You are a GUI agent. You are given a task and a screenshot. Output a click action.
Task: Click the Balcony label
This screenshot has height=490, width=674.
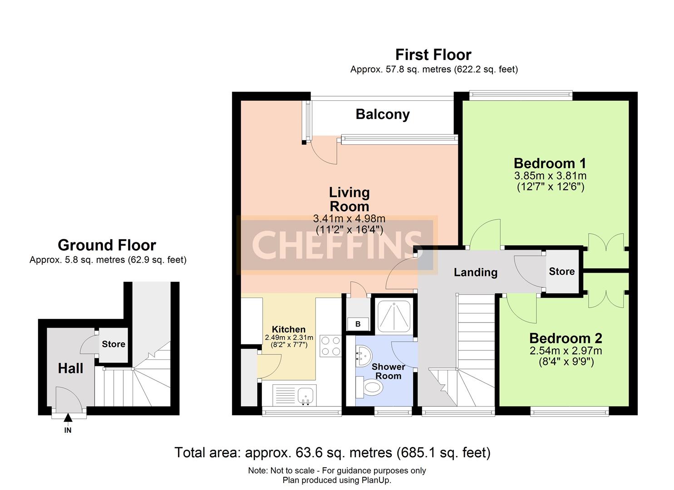click(383, 114)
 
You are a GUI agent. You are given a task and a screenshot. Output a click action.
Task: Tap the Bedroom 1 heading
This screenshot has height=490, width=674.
click(550, 163)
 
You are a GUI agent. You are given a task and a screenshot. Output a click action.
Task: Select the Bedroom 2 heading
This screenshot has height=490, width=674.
click(566, 338)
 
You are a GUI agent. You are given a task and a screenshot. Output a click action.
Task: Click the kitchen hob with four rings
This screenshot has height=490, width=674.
click(330, 346)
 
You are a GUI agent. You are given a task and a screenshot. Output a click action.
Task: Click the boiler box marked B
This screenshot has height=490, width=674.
click(358, 324)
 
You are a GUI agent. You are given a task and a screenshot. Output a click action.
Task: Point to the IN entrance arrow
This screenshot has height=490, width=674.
click(68, 418)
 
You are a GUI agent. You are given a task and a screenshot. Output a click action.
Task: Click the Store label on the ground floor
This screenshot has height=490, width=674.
click(113, 344)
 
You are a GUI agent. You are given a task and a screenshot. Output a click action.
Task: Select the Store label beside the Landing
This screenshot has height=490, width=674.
click(561, 271)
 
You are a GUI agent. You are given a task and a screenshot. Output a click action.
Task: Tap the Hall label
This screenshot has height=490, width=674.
click(70, 368)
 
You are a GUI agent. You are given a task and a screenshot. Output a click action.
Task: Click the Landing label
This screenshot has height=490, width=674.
click(476, 272)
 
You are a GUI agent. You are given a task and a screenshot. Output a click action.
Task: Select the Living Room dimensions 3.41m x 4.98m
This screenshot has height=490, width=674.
click(349, 219)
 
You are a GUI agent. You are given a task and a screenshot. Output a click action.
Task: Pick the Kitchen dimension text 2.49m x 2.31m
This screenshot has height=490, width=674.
click(289, 338)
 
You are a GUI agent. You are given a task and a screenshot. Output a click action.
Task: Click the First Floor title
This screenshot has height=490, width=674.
click(433, 55)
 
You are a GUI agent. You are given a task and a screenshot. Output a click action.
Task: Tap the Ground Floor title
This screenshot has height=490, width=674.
click(107, 245)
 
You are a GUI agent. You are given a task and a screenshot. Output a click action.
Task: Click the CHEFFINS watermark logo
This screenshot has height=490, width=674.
click(337, 245)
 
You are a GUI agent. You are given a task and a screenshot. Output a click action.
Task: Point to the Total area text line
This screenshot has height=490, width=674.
click(332, 452)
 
